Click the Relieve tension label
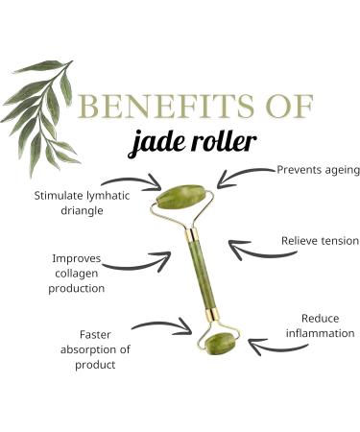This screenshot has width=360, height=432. coord(319,240)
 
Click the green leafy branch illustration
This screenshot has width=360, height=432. coord(43,106)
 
